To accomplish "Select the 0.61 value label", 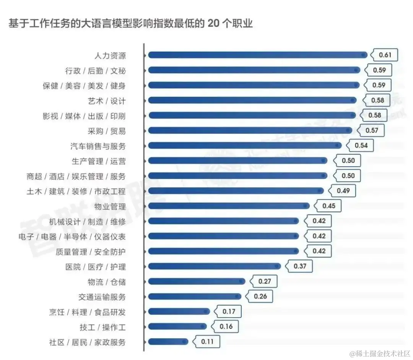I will pos(385,55).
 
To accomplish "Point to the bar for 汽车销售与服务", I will pos(245,146).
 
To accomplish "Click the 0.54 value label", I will pos(361,146).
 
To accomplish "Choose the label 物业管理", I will pos(110,207).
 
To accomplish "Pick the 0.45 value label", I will pos(328,206).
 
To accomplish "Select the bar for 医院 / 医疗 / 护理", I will pos(214,266).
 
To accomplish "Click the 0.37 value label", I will pos(300,266).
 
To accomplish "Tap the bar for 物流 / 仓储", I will pos(197,282).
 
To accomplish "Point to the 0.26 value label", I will pos(260,297).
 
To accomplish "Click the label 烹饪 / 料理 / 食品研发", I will pos(87,312).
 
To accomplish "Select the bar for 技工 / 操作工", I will pos(177,326).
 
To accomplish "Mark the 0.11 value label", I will pos(207,342).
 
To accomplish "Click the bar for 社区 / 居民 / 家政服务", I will pos(168,342).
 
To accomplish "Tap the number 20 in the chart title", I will pos(215,23).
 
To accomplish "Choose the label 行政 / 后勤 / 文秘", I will pos(95,71).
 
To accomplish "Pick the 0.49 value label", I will pos(343,191).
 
